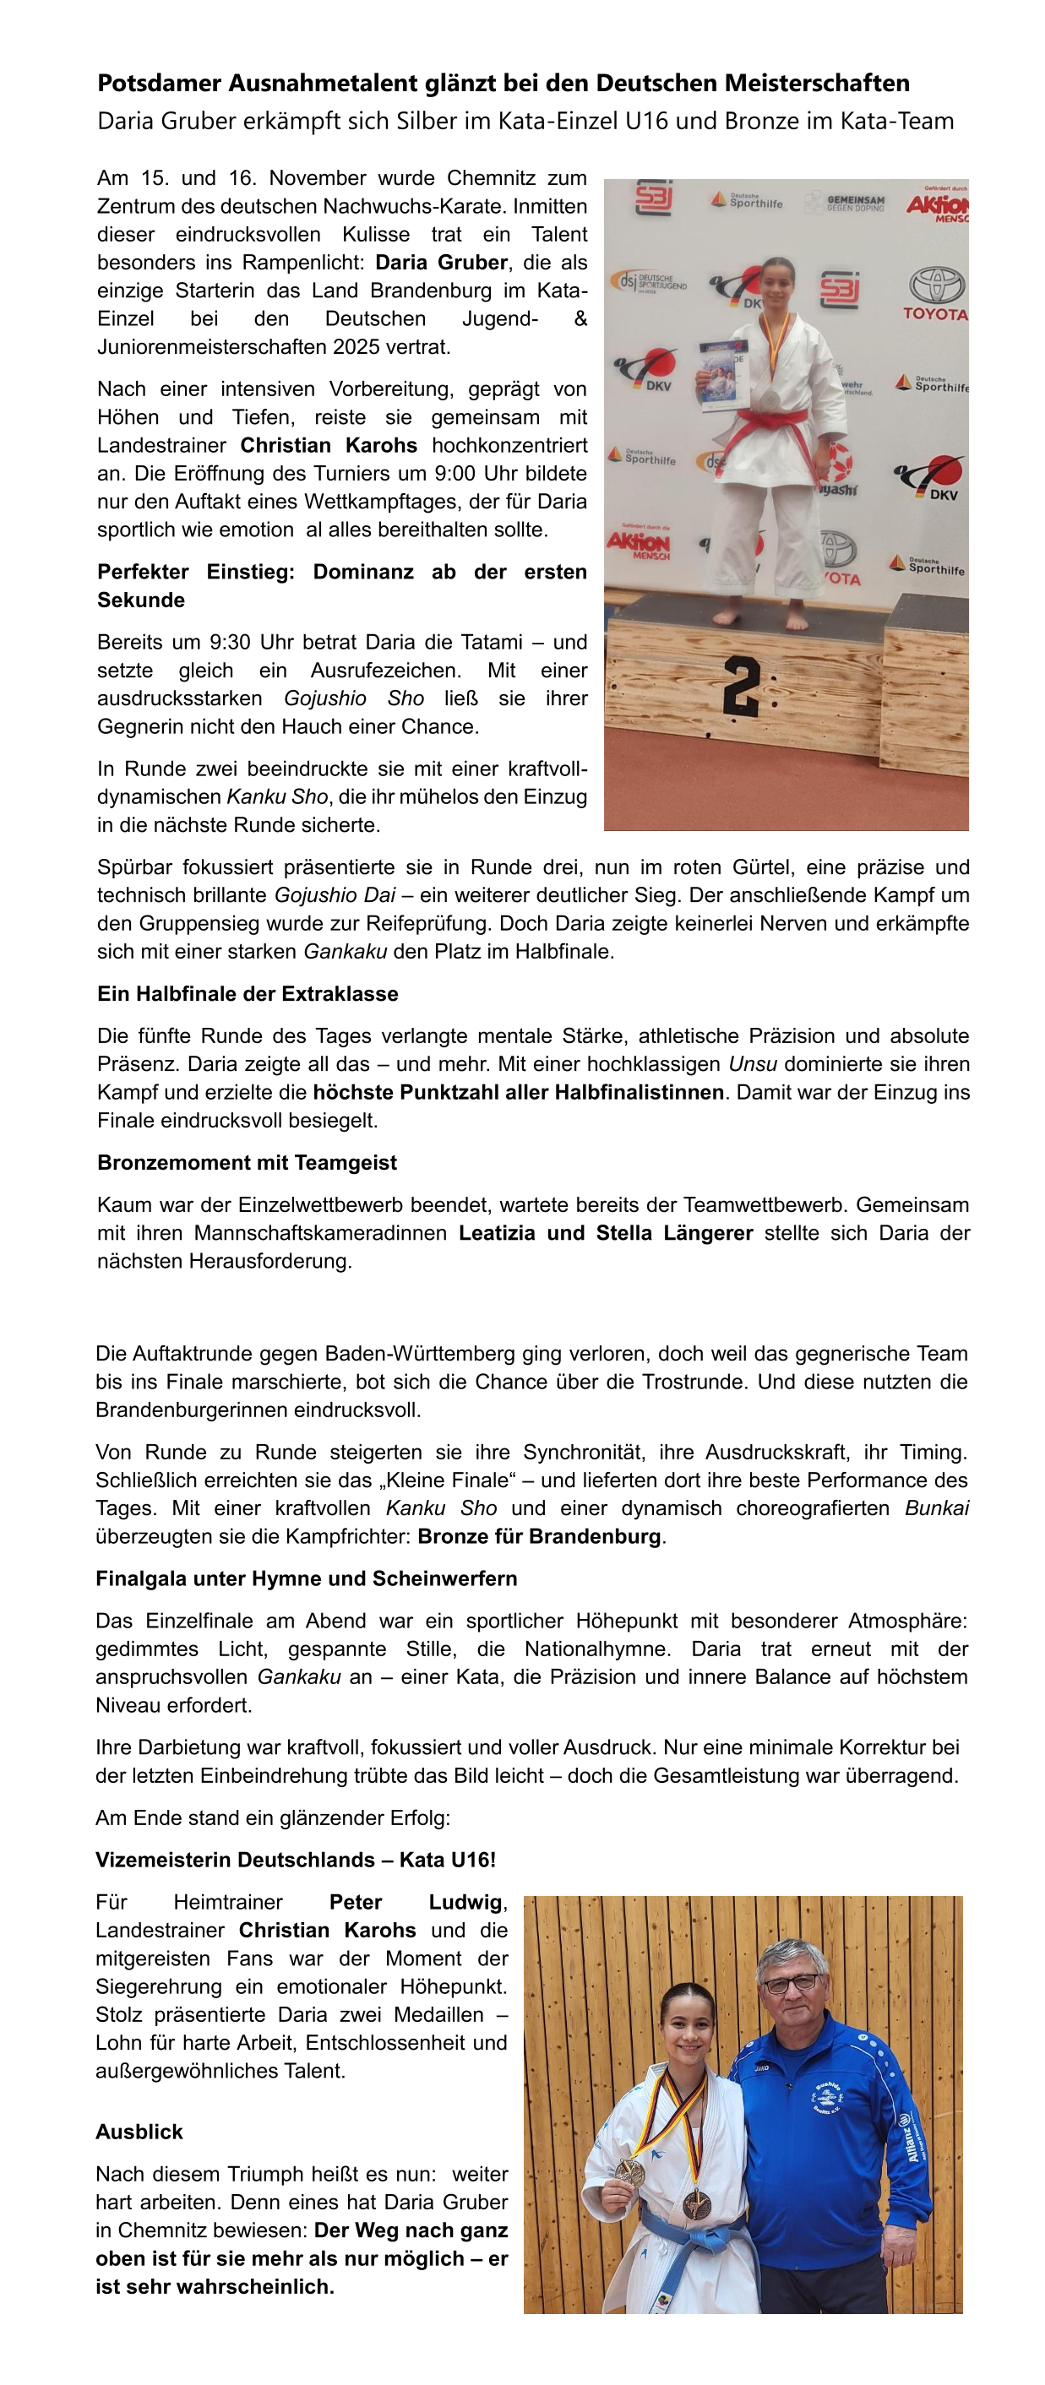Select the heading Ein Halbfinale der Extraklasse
pos(248,994)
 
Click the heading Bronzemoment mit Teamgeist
pos(247,1163)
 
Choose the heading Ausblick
pos(139,2132)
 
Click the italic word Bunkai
pos(936,1508)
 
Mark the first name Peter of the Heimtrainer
pos(356,1903)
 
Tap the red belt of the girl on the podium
pos(778,426)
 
